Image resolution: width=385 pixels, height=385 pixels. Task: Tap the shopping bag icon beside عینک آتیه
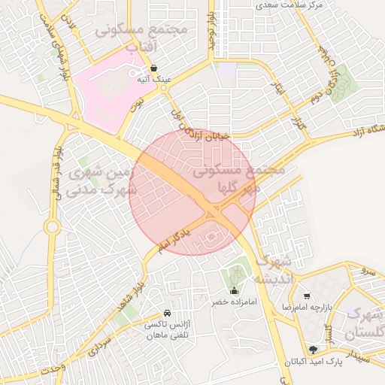[153, 68]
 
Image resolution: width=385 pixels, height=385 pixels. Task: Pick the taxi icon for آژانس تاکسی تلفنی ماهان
[167, 313]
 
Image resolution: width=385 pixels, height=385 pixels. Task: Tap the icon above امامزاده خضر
[233, 291]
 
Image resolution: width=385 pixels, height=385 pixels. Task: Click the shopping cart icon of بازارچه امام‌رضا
[306, 296]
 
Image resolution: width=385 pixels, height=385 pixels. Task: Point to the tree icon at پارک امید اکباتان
[313, 349]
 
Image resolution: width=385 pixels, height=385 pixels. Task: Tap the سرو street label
[368, 269]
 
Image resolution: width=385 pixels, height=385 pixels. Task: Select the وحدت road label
[53, 371]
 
